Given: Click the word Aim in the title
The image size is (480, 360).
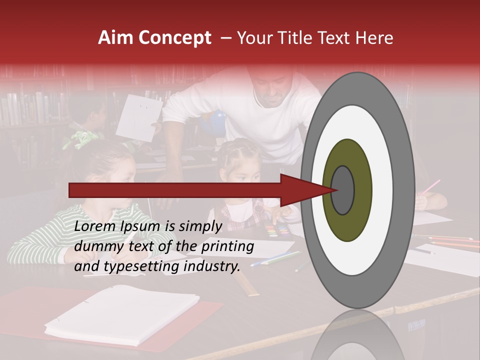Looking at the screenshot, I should tap(116, 38).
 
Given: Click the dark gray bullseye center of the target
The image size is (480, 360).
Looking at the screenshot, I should tap(342, 190).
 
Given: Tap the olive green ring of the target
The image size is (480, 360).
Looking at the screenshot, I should tap(360, 165).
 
